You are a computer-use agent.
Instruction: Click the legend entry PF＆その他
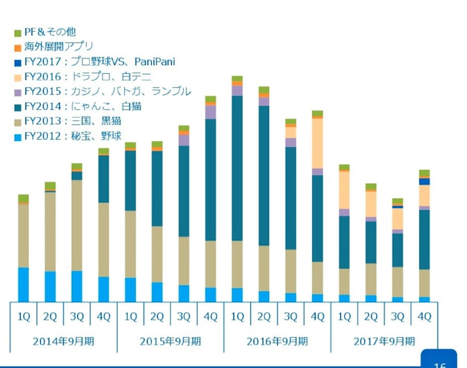(x=50, y=32)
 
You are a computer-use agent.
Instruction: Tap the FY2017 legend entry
(x=99, y=62)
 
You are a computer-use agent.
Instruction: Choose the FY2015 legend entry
(x=107, y=91)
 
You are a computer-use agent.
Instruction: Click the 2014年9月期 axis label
(x=63, y=340)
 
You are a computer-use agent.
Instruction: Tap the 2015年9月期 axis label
(x=170, y=340)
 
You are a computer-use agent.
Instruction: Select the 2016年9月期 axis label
(x=277, y=340)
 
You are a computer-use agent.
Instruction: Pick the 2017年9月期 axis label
(x=384, y=340)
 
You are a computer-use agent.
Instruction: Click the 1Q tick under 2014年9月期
(x=23, y=316)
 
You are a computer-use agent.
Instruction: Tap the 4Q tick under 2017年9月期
(x=424, y=316)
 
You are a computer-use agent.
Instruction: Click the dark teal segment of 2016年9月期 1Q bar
(x=237, y=168)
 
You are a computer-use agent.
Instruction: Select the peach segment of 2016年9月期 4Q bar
(x=317, y=143)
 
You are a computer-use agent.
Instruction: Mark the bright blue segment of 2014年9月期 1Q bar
(x=23, y=285)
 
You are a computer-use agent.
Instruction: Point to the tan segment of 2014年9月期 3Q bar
(x=76, y=225)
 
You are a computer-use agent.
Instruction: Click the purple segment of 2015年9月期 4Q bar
(x=211, y=112)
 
